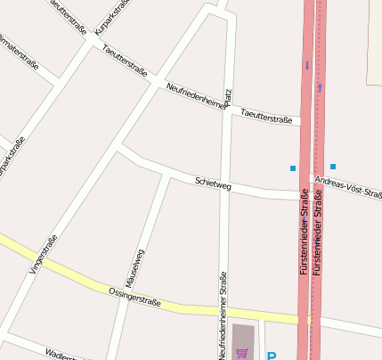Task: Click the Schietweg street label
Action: pos(213,184)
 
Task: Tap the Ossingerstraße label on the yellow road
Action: pos(134,297)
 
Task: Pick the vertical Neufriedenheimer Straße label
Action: pos(222,314)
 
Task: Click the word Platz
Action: pos(229,98)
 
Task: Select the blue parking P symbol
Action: pos(272,356)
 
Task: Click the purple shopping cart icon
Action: pos(242,353)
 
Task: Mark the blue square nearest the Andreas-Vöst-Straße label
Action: pos(333,167)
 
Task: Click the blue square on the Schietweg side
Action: pos(292,168)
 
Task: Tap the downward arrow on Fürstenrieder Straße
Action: pos(307,64)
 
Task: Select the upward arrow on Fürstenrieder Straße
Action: pos(320,87)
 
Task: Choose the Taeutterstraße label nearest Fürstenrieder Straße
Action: pos(267,114)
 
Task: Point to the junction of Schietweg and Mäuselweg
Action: pos(169,175)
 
